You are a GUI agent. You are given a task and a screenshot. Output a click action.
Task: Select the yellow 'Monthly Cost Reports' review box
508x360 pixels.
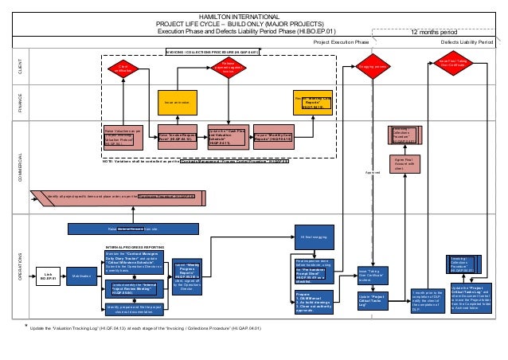coord(312,103)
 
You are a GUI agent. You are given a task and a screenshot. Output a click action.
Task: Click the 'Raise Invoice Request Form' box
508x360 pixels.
coord(177,137)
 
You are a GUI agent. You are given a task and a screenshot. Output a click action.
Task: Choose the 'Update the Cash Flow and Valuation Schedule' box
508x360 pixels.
coord(226,137)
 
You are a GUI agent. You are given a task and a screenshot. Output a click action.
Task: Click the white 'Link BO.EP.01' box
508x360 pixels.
coord(48,276)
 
